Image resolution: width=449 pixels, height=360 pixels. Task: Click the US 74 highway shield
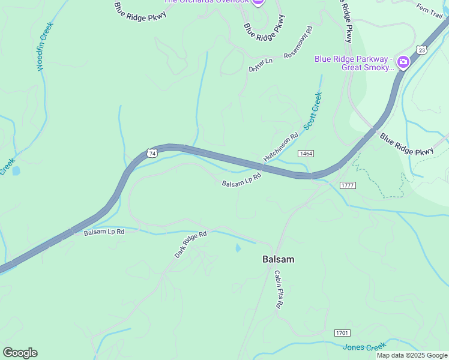click(152, 154)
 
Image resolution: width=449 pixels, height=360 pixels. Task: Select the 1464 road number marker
click(305, 154)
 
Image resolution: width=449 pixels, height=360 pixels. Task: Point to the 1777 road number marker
click(347, 185)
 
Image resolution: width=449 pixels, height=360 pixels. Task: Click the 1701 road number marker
click(342, 332)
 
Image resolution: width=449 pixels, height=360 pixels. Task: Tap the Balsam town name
click(278, 259)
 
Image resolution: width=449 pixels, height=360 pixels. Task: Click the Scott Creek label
click(313, 111)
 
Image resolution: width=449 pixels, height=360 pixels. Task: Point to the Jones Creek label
click(364, 347)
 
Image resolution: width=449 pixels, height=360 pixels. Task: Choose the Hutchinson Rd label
click(280, 147)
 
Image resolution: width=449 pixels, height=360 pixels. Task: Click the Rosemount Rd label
click(299, 42)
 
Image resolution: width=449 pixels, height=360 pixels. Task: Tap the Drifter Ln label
click(261, 64)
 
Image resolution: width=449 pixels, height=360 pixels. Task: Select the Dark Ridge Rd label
click(191, 244)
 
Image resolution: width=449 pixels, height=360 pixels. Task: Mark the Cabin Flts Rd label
click(279, 289)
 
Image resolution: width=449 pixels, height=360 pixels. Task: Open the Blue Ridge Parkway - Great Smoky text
click(354, 63)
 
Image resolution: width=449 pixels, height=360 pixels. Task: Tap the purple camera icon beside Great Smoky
click(403, 62)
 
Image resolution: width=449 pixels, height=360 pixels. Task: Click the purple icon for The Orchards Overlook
click(258, 2)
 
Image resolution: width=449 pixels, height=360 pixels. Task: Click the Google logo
click(20, 353)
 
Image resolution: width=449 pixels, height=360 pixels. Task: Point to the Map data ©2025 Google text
click(411, 355)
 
